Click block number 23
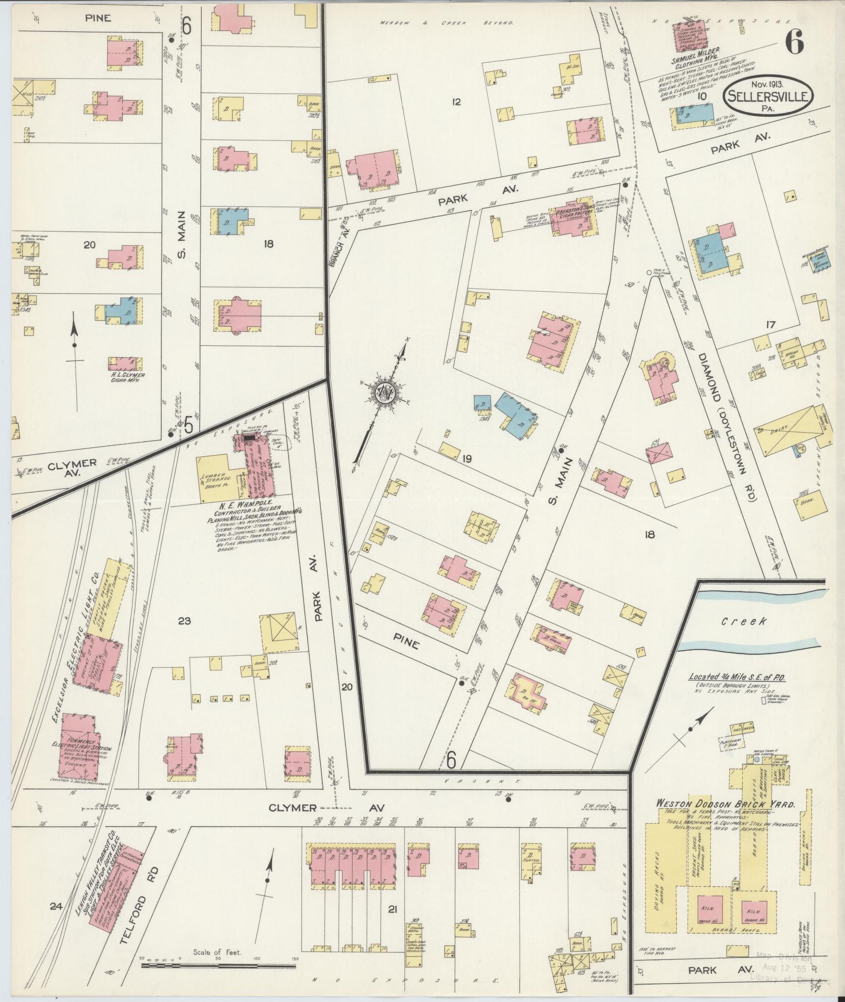coord(184,621)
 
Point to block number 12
coord(456,102)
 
